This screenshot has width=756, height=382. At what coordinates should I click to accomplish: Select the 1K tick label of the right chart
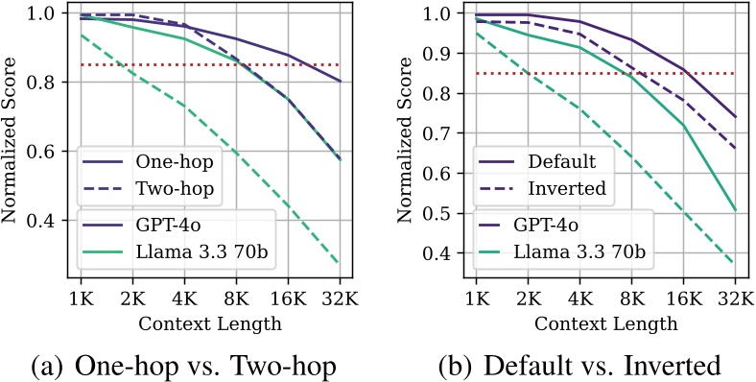point(472,297)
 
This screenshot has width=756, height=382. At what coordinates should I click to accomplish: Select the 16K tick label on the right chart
point(684,297)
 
